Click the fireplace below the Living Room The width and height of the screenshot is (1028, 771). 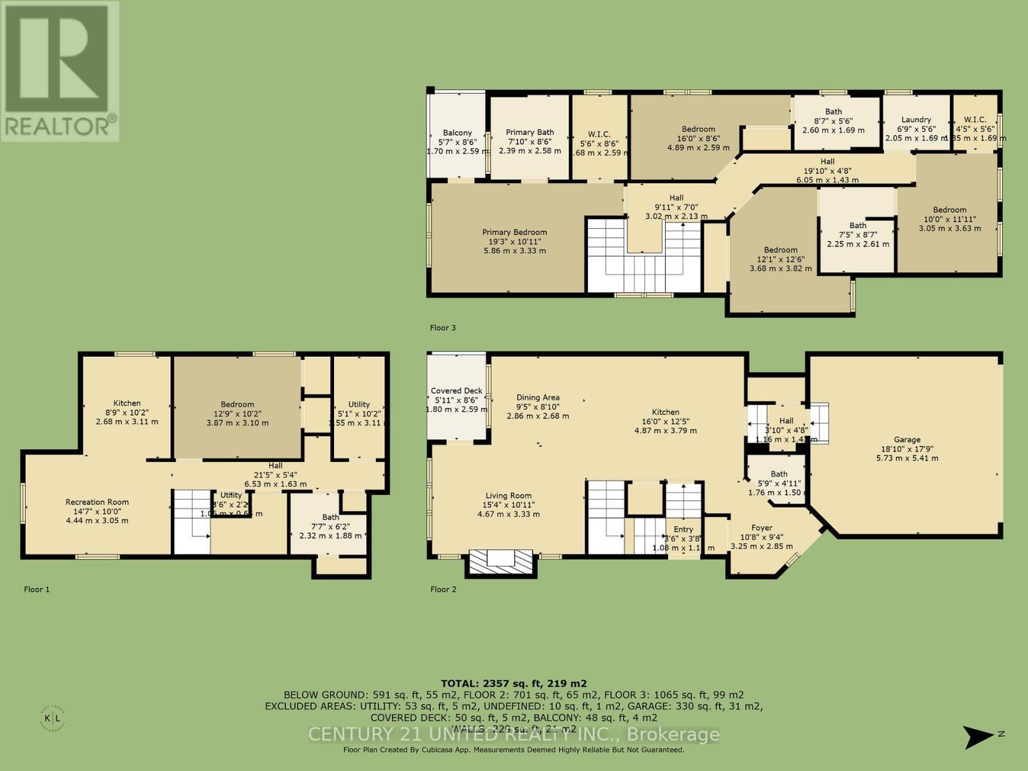[x=501, y=561]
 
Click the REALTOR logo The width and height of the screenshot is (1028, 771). [x=60, y=71]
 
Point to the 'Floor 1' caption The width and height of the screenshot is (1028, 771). [x=37, y=589]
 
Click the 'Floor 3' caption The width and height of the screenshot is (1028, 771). [x=443, y=328]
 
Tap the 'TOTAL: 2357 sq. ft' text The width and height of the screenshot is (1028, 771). [x=513, y=684]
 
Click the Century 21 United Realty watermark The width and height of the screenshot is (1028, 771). [x=513, y=734]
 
